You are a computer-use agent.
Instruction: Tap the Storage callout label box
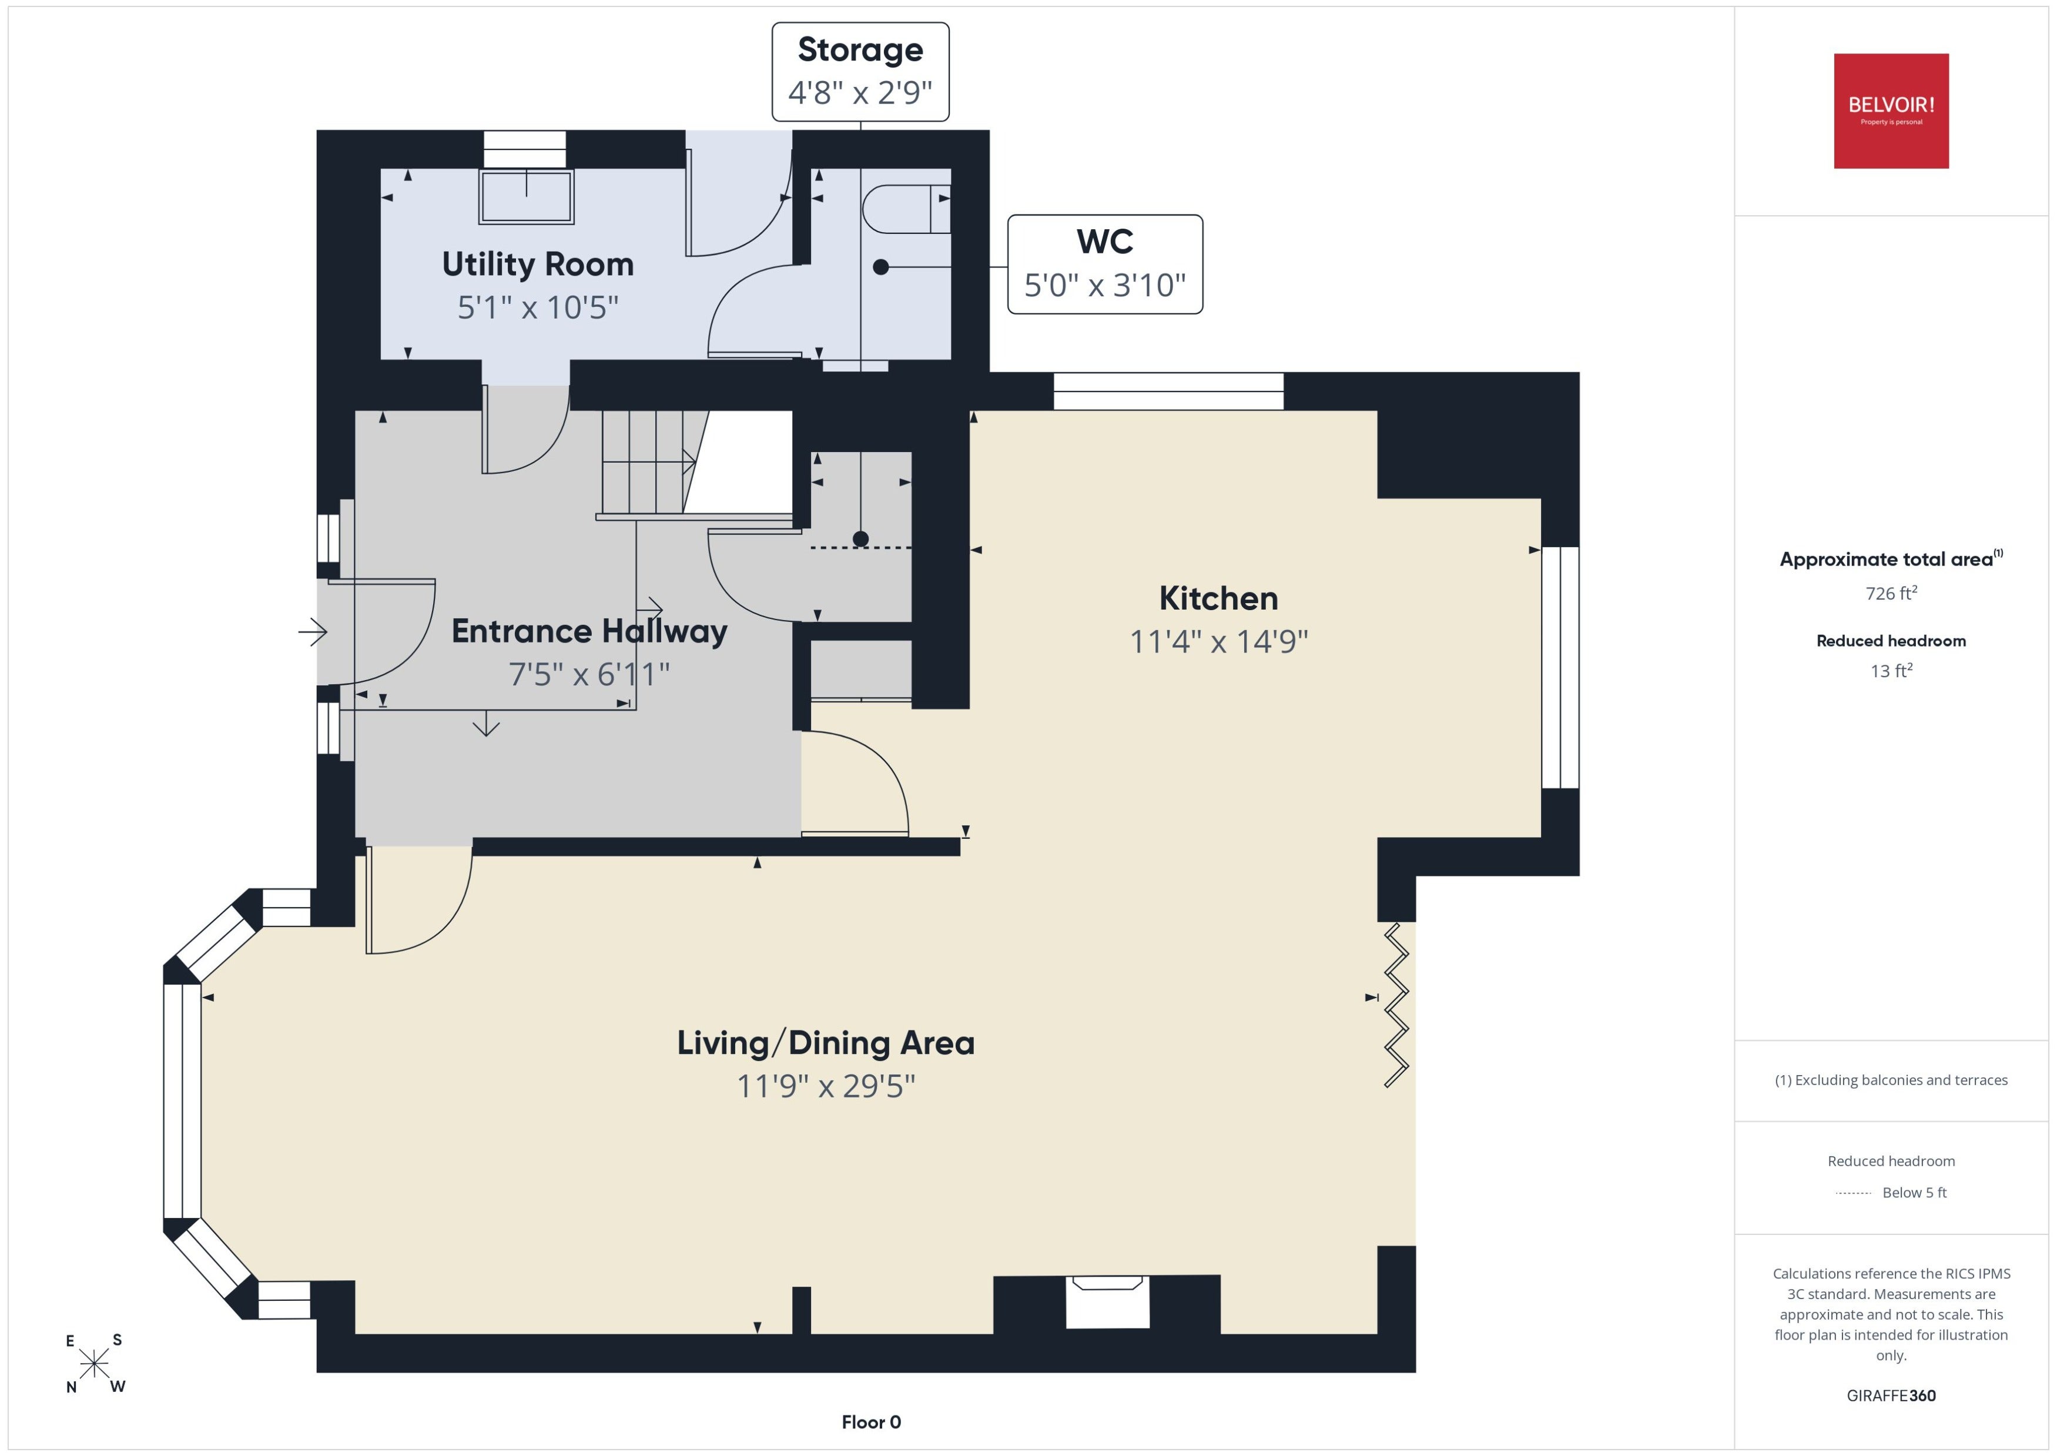click(860, 72)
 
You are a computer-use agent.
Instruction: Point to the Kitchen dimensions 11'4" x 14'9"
click(1219, 641)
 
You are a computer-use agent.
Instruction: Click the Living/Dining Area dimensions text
click(826, 1086)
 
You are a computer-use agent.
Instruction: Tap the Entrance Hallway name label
click(589, 631)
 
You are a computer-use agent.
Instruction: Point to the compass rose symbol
click(94, 1364)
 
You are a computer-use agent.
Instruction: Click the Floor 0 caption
click(871, 1422)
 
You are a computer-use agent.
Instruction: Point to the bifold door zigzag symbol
click(1396, 1005)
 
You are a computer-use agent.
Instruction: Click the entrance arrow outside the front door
click(313, 632)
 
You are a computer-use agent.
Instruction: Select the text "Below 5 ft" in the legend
click(1915, 1193)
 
